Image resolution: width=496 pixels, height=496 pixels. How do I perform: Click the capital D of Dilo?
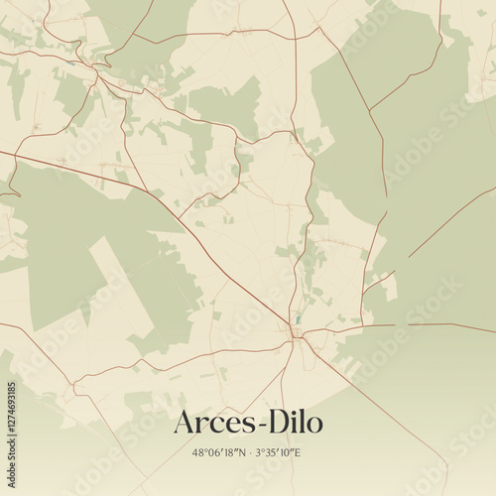click(x=273, y=423)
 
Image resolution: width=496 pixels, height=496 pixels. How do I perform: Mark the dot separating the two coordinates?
click(x=249, y=453)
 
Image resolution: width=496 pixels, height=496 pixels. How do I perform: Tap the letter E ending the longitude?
click(x=301, y=453)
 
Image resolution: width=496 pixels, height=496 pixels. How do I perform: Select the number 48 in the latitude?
click(x=198, y=453)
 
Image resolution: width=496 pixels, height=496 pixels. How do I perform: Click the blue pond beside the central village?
click(x=294, y=320)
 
